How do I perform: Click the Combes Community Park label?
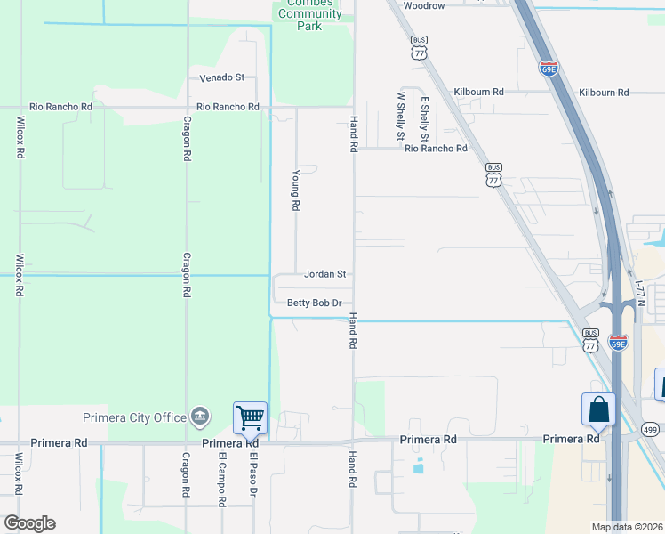point(308,13)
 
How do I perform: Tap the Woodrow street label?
point(423,5)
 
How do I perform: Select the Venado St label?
point(221,78)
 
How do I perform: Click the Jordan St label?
point(324,274)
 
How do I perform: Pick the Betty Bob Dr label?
point(315,303)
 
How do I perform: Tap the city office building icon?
point(201,416)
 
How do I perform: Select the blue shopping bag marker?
point(599,409)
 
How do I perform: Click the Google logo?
point(29,523)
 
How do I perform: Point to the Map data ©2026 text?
point(627,527)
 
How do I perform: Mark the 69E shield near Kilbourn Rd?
point(549,68)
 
